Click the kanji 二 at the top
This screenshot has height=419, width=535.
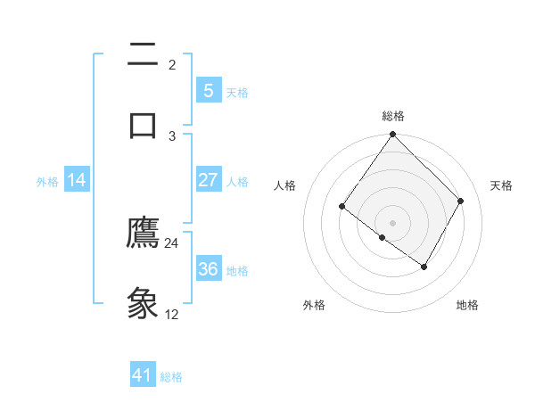tap(143, 55)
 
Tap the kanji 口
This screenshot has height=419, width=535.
tap(143, 124)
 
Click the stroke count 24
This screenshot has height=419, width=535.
tap(172, 242)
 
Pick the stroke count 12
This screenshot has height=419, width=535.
tap(172, 314)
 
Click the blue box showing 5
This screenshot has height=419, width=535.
tap(208, 90)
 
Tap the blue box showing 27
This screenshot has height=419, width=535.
tap(208, 180)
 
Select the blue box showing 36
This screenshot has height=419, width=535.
tap(208, 268)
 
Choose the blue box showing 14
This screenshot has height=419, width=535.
tap(77, 180)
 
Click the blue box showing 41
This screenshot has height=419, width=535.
tap(143, 375)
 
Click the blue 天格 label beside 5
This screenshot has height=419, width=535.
tap(237, 92)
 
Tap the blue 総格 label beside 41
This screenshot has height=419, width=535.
tap(171, 377)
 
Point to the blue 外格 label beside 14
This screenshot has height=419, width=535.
tap(47, 182)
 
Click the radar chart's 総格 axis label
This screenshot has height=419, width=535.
tap(393, 116)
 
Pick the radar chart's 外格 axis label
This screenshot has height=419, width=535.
tap(314, 305)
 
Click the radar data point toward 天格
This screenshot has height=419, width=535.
tap(461, 201)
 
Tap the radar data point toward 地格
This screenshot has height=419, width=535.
tap(424, 267)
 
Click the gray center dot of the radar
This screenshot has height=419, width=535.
tap(393, 222)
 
